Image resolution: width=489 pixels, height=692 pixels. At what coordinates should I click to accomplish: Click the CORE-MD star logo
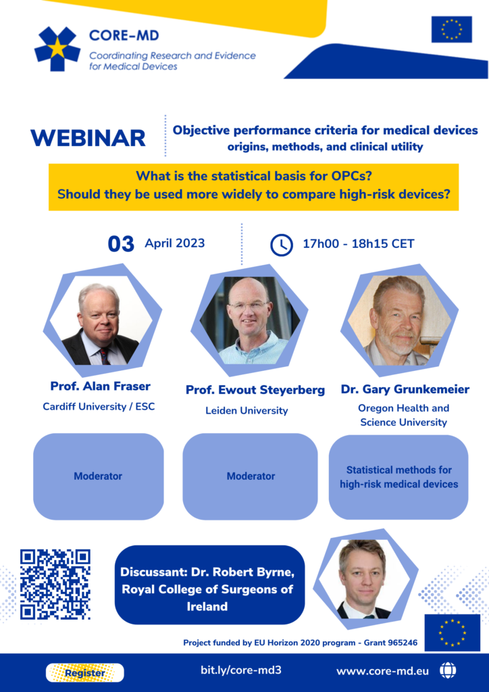pyautogui.click(x=57, y=49)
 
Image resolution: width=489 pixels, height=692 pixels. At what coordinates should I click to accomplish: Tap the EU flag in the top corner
pyautogui.click(x=451, y=29)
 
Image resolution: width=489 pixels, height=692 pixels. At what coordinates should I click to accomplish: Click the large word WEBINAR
pyautogui.click(x=88, y=138)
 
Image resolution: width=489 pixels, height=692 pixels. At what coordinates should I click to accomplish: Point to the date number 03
pyautogui.click(x=122, y=244)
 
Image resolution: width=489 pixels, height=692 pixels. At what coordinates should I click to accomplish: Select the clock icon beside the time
pyautogui.click(x=281, y=245)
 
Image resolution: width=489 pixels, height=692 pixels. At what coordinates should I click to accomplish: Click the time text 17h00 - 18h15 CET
pyautogui.click(x=359, y=244)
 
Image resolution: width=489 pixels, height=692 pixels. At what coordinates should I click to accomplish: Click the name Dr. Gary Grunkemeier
pyautogui.click(x=405, y=389)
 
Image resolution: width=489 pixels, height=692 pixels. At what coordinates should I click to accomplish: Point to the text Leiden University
pyautogui.click(x=247, y=410)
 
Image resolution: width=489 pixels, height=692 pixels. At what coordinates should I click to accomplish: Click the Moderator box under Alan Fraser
pyautogui.click(x=98, y=476)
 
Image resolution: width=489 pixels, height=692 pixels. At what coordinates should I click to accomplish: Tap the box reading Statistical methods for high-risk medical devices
pyautogui.click(x=398, y=477)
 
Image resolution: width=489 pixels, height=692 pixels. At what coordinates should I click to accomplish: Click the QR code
pyautogui.click(x=55, y=585)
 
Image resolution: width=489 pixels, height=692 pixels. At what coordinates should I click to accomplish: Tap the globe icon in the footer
pyautogui.click(x=448, y=671)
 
